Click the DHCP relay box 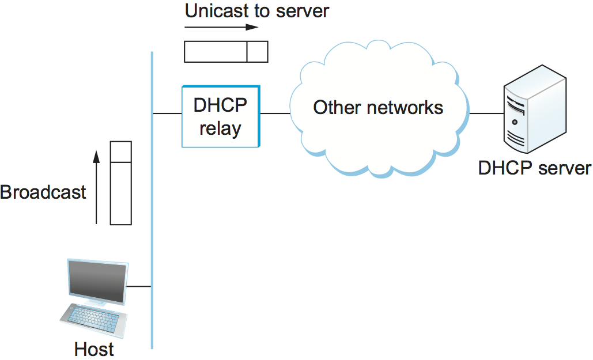[x=220, y=116]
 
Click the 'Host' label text [x=94, y=349]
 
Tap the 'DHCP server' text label [x=534, y=168]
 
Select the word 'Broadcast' [x=43, y=192]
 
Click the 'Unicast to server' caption [x=256, y=11]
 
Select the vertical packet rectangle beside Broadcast [x=121, y=183]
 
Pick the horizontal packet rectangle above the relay [x=226, y=51]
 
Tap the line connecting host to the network [x=139, y=286]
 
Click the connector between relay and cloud [x=275, y=113]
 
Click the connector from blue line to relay [x=167, y=113]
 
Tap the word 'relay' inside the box [x=220, y=128]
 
